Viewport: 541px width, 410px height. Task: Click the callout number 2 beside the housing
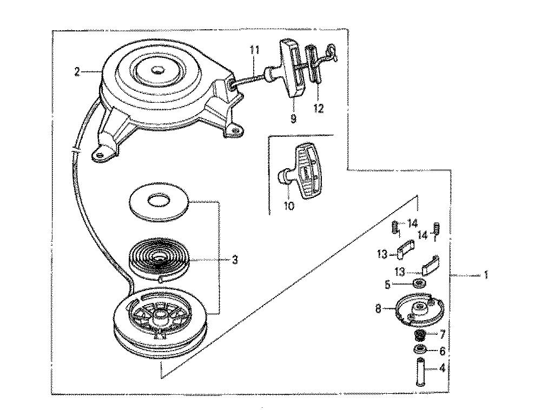coord(77,72)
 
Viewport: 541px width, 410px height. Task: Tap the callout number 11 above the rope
coord(254,50)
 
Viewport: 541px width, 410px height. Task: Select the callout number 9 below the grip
coord(293,118)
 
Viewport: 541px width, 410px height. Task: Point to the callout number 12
coord(319,109)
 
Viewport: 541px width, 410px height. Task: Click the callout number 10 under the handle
coord(289,206)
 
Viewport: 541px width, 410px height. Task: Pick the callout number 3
coord(235,260)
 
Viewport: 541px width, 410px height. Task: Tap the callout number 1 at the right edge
coord(486,275)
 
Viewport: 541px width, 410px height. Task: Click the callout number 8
coord(378,309)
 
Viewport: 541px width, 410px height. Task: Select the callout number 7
coord(442,334)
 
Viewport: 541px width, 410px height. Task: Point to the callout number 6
coord(442,351)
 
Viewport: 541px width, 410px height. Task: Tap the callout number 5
coord(387,285)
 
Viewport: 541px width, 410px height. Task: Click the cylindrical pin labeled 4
coord(420,372)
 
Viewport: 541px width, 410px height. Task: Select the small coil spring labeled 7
coord(419,335)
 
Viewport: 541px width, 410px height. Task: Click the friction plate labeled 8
coord(417,309)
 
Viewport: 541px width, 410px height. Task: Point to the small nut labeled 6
coord(420,350)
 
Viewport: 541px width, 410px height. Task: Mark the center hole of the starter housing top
coord(159,71)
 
